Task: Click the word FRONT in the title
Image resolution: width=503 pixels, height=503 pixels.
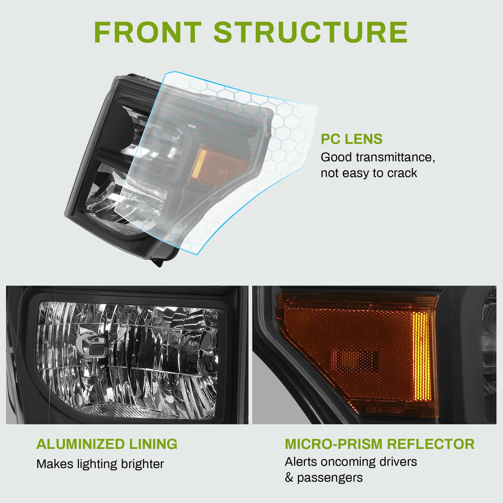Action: [148, 32]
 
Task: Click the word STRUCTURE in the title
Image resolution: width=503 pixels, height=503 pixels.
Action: [311, 32]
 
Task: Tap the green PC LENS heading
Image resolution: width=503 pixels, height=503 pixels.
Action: [351, 139]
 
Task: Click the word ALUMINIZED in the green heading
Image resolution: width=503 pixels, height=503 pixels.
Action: [80, 444]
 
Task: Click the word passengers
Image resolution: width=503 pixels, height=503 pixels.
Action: [330, 478]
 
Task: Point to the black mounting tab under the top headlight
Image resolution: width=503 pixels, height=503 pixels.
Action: [159, 262]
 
